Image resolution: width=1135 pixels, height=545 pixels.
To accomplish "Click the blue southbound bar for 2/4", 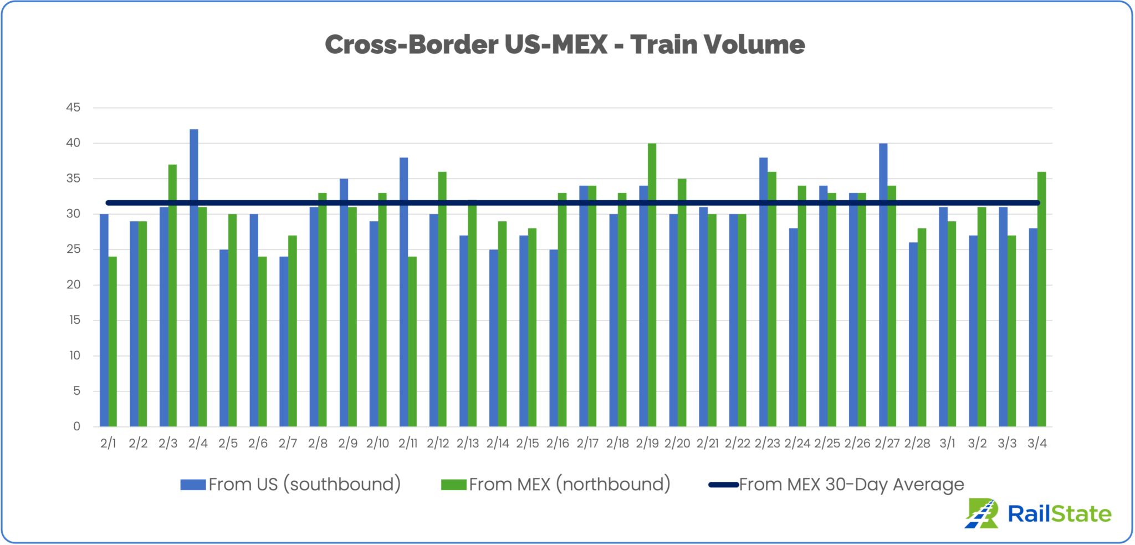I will [x=194, y=277].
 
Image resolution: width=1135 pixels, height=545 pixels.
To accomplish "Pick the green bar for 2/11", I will [x=412, y=341].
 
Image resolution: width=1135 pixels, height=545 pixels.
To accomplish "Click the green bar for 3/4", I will [x=1041, y=299].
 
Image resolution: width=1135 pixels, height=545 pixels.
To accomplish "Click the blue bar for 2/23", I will [x=763, y=292].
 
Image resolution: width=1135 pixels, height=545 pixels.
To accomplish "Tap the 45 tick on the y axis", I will [x=73, y=108].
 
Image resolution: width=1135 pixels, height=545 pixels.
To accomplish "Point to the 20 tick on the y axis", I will [x=73, y=285].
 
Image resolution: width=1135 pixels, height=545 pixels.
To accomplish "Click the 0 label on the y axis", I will [x=76, y=426].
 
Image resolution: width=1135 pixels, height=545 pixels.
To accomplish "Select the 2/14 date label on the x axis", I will [x=497, y=444].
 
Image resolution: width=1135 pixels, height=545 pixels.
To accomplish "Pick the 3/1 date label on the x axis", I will [x=947, y=444].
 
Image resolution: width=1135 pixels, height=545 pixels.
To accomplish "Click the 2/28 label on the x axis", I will [x=917, y=444].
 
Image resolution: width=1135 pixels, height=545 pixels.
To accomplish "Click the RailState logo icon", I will [x=982, y=513].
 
